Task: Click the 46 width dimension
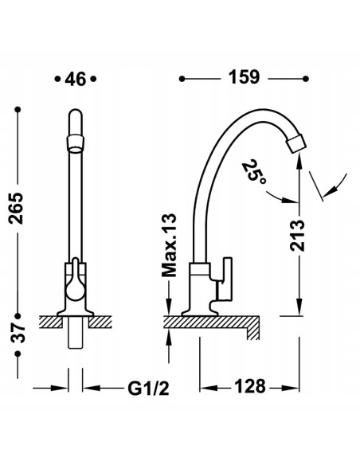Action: pos(76,79)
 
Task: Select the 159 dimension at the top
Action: pos(244,77)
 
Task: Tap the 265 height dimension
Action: pos(16,208)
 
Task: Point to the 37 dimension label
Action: pos(18,334)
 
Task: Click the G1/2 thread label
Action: pos(149,388)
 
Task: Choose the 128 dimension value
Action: pos(250,386)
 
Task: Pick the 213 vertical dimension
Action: pos(297,236)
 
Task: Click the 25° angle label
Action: pos(254,171)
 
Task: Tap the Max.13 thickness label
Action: pos(169,245)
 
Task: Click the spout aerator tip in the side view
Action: pos(295,143)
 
